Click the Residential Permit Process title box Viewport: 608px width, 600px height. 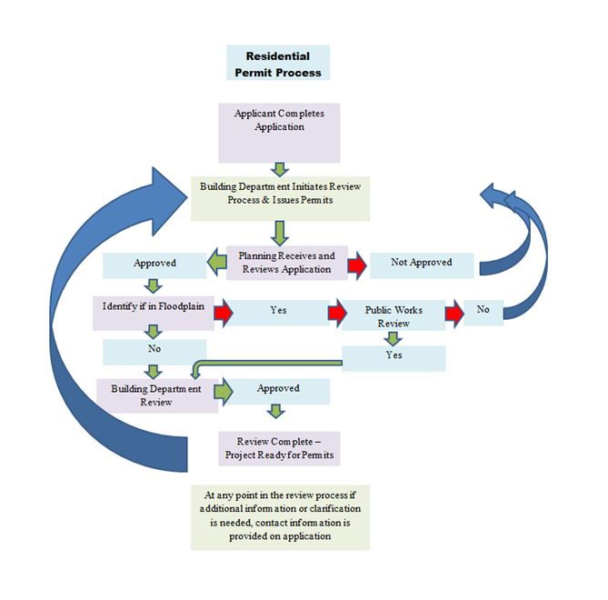click(x=277, y=63)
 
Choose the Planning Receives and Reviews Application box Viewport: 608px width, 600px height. click(x=286, y=262)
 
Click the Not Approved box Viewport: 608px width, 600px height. click(x=421, y=264)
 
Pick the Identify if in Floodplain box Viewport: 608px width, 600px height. click(x=154, y=308)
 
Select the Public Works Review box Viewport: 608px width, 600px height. click(x=394, y=315)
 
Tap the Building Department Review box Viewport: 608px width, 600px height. click(x=154, y=395)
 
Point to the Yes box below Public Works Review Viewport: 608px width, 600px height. click(x=393, y=356)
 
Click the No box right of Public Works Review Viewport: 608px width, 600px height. click(x=483, y=311)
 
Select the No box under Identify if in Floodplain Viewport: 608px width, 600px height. click(x=154, y=348)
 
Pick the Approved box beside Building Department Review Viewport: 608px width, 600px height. click(x=279, y=389)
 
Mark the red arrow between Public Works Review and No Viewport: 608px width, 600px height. click(x=454, y=312)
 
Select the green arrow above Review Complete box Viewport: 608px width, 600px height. click(x=279, y=413)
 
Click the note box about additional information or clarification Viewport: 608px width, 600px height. click(x=280, y=516)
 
